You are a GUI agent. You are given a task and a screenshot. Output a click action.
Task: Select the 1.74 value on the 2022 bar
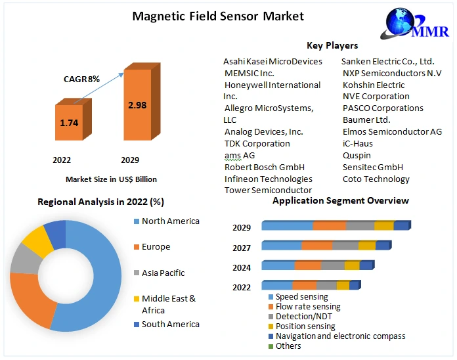click(69, 123)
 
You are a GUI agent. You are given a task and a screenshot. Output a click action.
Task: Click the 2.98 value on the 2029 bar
click(137, 105)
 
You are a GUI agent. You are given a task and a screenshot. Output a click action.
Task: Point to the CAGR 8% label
click(81, 79)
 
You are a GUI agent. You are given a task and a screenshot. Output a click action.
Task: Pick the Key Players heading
click(332, 45)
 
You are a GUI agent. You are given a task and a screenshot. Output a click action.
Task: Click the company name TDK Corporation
click(257, 143)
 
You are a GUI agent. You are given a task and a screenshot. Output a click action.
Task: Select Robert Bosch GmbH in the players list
click(264, 167)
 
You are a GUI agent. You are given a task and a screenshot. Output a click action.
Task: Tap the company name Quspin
click(357, 155)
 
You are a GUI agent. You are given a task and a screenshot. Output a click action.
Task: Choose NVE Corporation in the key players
click(376, 96)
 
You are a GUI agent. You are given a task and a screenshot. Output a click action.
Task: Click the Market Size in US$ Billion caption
click(111, 179)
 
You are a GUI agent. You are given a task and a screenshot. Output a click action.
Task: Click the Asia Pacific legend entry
click(163, 273)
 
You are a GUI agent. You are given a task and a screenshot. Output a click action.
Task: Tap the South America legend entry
click(170, 324)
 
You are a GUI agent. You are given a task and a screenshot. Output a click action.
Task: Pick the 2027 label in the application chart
click(242, 248)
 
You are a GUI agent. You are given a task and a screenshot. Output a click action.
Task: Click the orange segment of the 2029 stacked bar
click(329, 226)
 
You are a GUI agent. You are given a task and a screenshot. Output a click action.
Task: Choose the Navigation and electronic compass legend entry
click(340, 336)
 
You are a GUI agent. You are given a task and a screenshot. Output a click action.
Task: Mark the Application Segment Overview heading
click(340, 200)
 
